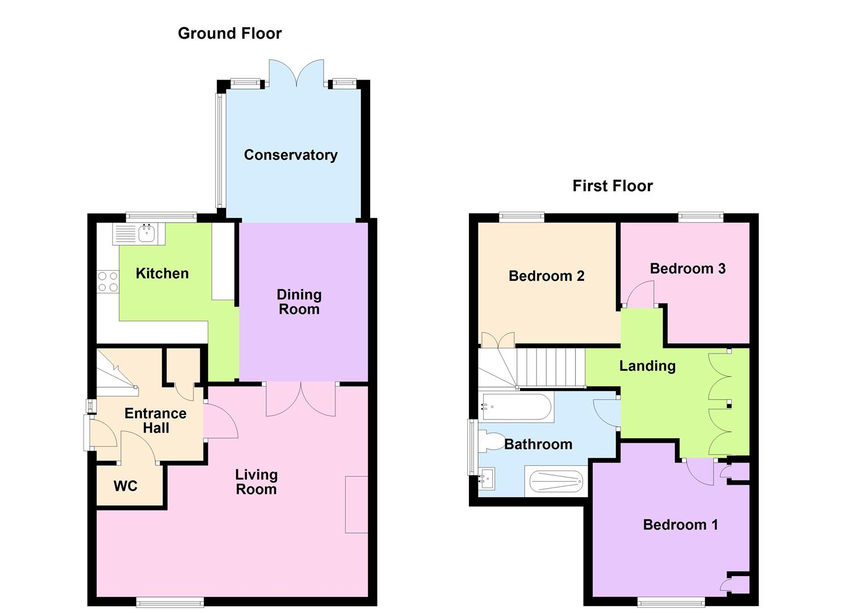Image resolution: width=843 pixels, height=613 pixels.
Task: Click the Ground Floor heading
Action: click(229, 33)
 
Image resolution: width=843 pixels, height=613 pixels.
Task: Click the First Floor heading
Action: click(613, 186)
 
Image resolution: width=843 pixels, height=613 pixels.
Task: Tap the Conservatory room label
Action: click(291, 155)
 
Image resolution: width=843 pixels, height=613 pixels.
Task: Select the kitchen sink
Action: click(147, 233)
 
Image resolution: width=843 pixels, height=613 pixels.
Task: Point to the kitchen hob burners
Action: click(107, 282)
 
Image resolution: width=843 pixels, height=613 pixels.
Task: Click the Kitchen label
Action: click(162, 274)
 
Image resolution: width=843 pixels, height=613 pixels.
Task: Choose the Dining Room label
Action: click(299, 302)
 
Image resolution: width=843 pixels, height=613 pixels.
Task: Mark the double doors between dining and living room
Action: click(300, 399)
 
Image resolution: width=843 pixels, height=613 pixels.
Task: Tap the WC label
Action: click(125, 486)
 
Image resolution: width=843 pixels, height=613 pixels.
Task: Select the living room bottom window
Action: click(170, 602)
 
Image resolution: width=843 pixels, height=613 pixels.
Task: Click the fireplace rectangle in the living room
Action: click(357, 504)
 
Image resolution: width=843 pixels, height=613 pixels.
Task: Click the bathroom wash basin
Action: click(486, 478)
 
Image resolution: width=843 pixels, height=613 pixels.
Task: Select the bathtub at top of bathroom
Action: click(516, 407)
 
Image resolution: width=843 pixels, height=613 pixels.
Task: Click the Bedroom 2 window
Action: click(521, 216)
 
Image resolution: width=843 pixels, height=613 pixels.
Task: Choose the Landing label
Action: click(647, 366)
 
